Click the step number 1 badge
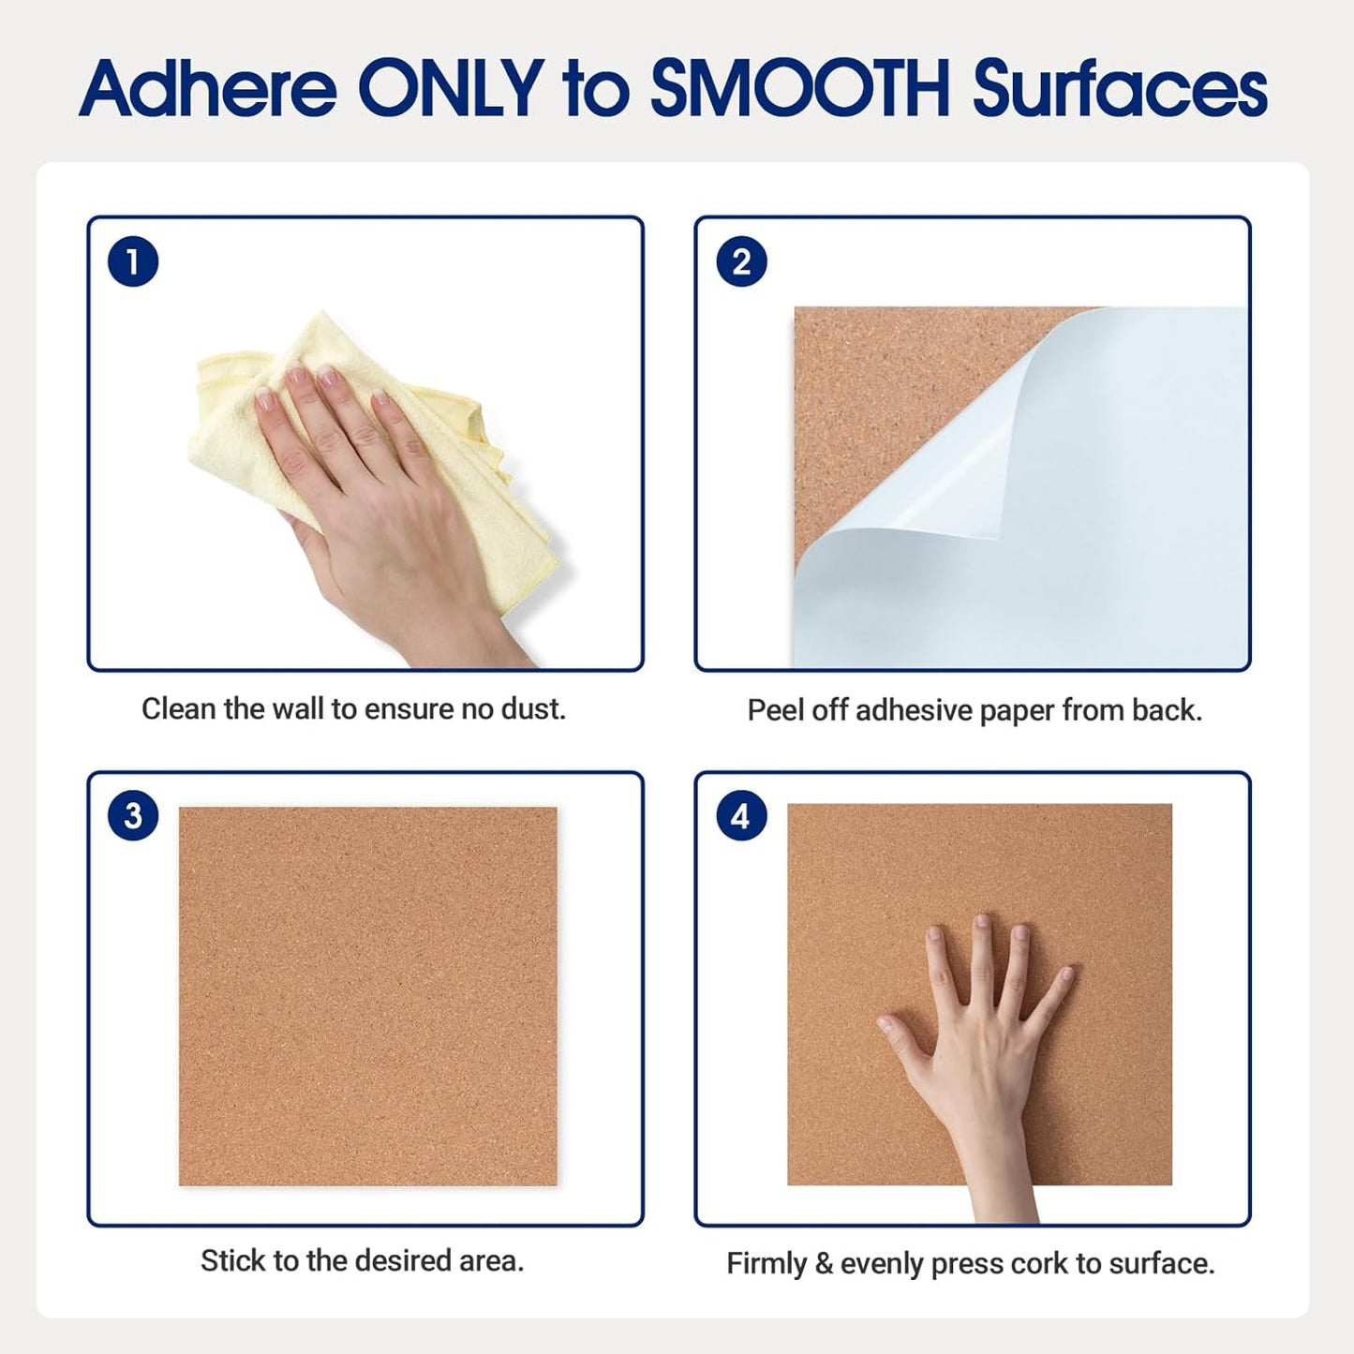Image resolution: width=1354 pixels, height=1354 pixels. (x=133, y=261)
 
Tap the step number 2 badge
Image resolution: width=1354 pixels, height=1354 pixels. (x=741, y=262)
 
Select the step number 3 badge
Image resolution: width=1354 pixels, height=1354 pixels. (x=133, y=815)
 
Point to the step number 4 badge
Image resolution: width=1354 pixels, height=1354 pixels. (x=741, y=817)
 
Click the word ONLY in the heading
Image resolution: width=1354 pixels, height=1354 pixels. (x=451, y=89)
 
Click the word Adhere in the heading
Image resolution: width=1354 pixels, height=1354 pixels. (x=207, y=89)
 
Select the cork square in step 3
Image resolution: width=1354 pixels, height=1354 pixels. (x=367, y=996)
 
